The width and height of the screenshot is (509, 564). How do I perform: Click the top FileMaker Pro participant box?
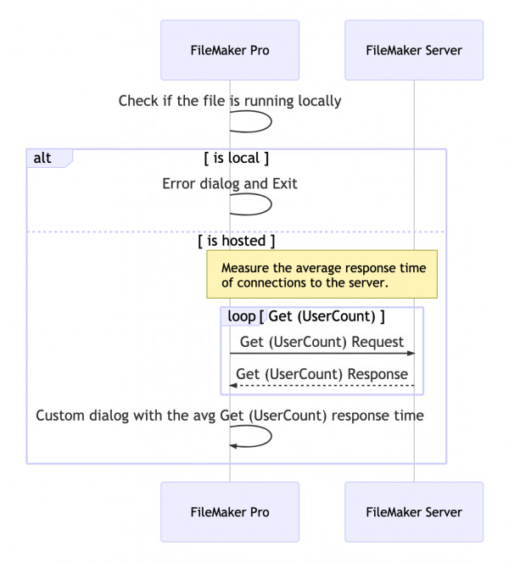230,50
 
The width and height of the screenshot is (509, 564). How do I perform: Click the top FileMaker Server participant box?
414,50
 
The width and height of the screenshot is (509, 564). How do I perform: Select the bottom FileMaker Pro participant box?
230,512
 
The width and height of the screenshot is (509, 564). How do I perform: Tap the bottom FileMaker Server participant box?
414,512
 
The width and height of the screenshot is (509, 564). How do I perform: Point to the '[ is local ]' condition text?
237,158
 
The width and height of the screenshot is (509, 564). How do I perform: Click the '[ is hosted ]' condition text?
237,241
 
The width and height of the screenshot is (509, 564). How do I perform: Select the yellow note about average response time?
322,274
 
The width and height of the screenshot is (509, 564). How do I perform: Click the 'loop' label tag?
241,316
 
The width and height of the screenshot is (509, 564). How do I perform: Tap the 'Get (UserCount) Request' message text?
322,341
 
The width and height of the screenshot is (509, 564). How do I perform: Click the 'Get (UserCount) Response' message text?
322,374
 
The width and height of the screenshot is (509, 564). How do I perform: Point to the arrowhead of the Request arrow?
411,354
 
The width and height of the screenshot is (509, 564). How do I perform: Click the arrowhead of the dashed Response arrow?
233,387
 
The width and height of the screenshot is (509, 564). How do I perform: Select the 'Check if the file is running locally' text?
230,101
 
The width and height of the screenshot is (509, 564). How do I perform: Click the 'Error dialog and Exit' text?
230,183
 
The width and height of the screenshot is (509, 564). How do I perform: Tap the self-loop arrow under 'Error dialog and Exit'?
263,204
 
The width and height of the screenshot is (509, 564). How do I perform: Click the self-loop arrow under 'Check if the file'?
263,122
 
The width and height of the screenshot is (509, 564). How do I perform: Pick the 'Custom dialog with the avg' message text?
230,416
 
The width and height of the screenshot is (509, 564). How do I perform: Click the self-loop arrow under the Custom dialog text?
263,437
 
